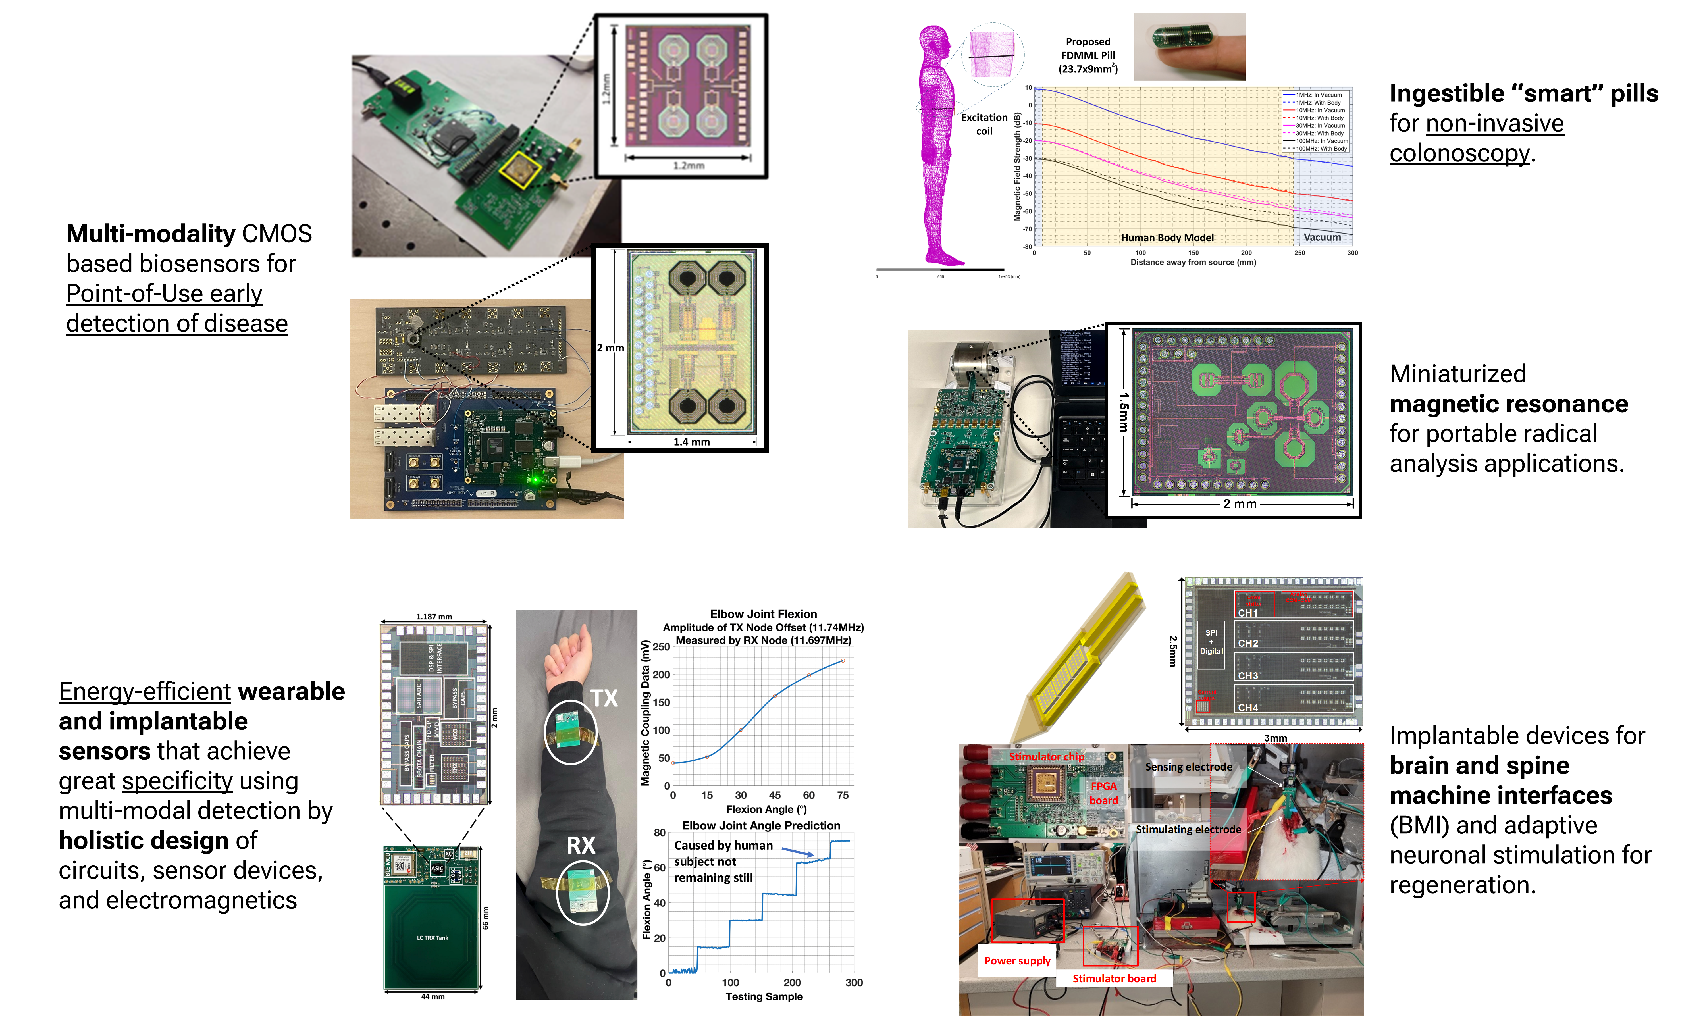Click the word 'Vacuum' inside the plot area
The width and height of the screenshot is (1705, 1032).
point(1322,237)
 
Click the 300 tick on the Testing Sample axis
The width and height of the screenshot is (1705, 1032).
point(854,982)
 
